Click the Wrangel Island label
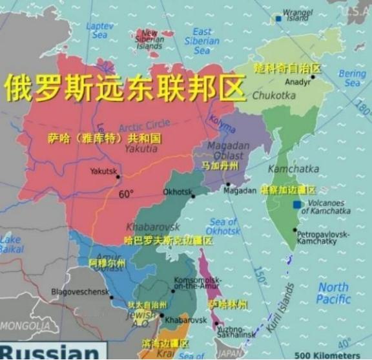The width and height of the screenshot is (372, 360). (297, 15)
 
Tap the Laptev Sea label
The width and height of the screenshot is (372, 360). (99, 30)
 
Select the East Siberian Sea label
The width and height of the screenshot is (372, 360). (201, 41)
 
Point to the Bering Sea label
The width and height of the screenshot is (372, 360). (352, 78)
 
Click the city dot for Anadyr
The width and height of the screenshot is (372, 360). (313, 77)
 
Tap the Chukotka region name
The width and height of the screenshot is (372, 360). (274, 96)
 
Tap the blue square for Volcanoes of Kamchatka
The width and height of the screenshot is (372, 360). (296, 205)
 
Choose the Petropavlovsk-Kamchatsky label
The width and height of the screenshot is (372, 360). (323, 237)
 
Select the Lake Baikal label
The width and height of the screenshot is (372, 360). (11, 244)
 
